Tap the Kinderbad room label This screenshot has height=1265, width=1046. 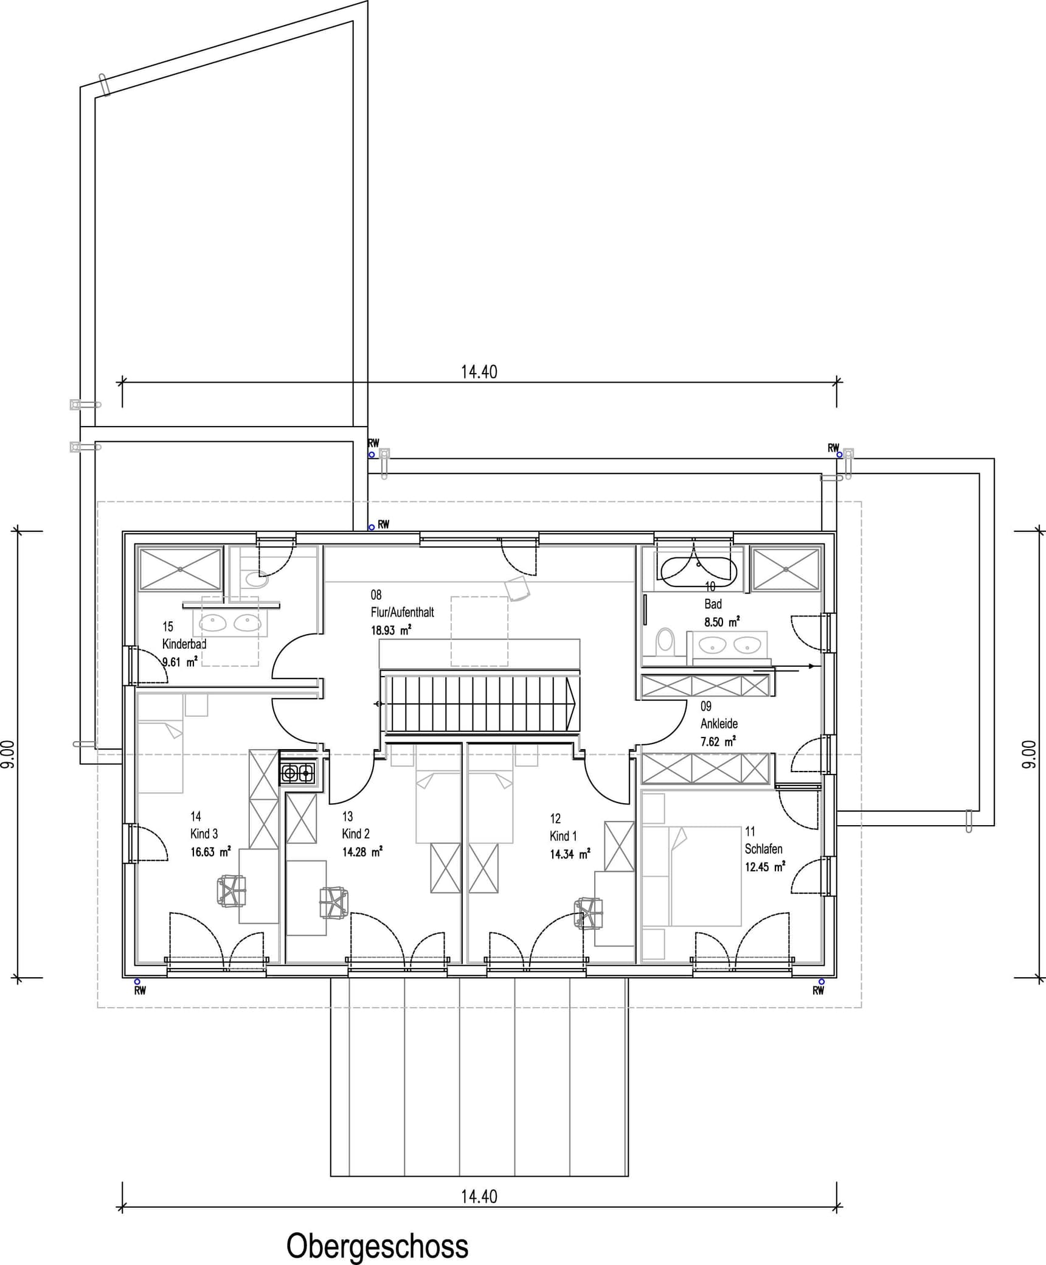click(x=184, y=644)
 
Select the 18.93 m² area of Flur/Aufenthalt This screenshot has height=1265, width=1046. click(x=391, y=630)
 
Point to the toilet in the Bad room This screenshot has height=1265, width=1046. click(x=665, y=641)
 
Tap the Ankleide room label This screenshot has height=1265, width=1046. click(x=719, y=723)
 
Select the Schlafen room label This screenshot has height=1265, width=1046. click(x=763, y=849)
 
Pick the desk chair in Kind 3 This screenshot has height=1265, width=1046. click(x=231, y=891)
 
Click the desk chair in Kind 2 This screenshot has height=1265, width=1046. click(x=333, y=902)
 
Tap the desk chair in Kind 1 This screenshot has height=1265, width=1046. click(x=589, y=913)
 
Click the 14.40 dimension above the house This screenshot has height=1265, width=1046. click(x=479, y=372)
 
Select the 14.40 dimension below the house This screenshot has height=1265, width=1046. click(x=479, y=1196)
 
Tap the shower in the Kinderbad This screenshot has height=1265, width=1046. click(x=180, y=569)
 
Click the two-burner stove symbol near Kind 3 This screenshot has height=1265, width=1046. click(x=297, y=773)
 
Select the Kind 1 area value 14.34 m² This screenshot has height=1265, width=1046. click(x=570, y=854)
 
